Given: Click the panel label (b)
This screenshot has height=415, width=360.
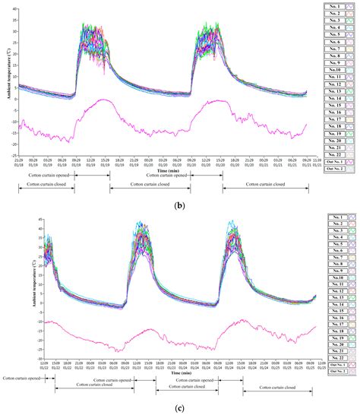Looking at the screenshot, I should [x=180, y=206].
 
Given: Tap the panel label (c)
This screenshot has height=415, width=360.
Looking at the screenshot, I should [x=180, y=408].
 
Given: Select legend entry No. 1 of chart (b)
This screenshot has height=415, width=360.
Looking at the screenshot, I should [x=332, y=5].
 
